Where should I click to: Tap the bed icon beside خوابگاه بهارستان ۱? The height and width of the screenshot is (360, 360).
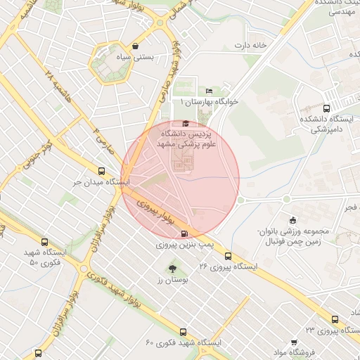[209, 91]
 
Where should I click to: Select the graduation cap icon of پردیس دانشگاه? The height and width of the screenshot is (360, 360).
[186, 124]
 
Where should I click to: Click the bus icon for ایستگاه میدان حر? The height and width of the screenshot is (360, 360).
[103, 171]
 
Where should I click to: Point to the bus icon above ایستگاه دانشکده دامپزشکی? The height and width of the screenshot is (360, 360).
[326, 108]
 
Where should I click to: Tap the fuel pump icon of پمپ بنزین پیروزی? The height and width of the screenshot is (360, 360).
[185, 234]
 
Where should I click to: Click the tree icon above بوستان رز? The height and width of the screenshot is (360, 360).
[172, 268]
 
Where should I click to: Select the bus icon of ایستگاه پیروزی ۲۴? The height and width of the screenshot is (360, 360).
[229, 255]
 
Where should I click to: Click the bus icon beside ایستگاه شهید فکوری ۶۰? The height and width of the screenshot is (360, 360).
[183, 331]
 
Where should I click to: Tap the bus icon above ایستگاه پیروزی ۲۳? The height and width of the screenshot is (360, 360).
[335, 319]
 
